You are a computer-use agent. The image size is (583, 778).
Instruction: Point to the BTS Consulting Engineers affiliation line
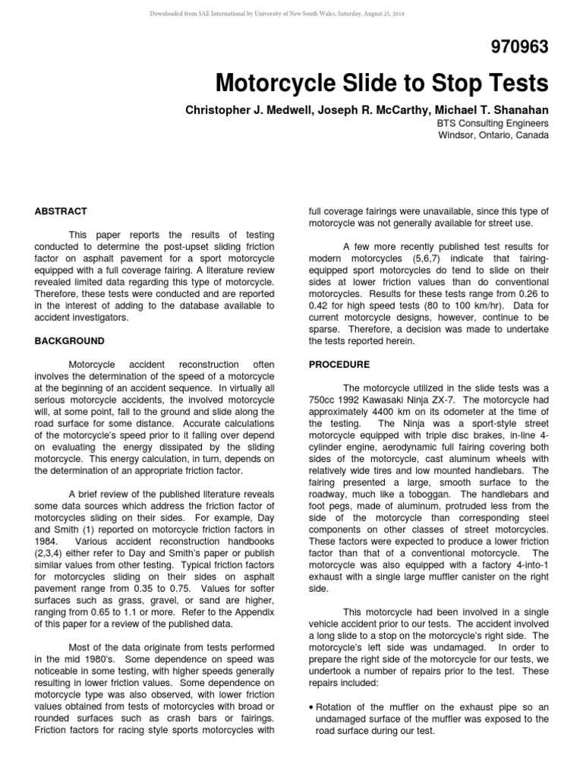[x=492, y=122]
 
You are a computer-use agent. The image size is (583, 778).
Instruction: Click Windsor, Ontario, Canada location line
[x=493, y=135]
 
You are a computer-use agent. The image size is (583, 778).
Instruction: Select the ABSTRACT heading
[x=61, y=211]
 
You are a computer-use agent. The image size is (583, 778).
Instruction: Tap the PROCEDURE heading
[x=339, y=365]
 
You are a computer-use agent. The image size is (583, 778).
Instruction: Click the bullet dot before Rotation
[x=312, y=706]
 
